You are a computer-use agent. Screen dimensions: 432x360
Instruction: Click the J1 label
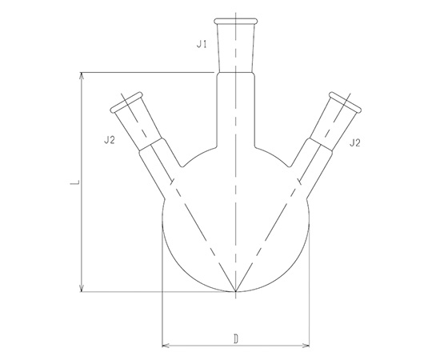pos(202,44)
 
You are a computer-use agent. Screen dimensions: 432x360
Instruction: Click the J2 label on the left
pos(109,140)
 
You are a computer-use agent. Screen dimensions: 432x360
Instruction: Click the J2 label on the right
pos(355,142)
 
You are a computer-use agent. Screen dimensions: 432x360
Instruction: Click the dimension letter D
pos(236,339)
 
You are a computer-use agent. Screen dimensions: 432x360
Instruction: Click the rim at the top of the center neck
pos(236,21)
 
